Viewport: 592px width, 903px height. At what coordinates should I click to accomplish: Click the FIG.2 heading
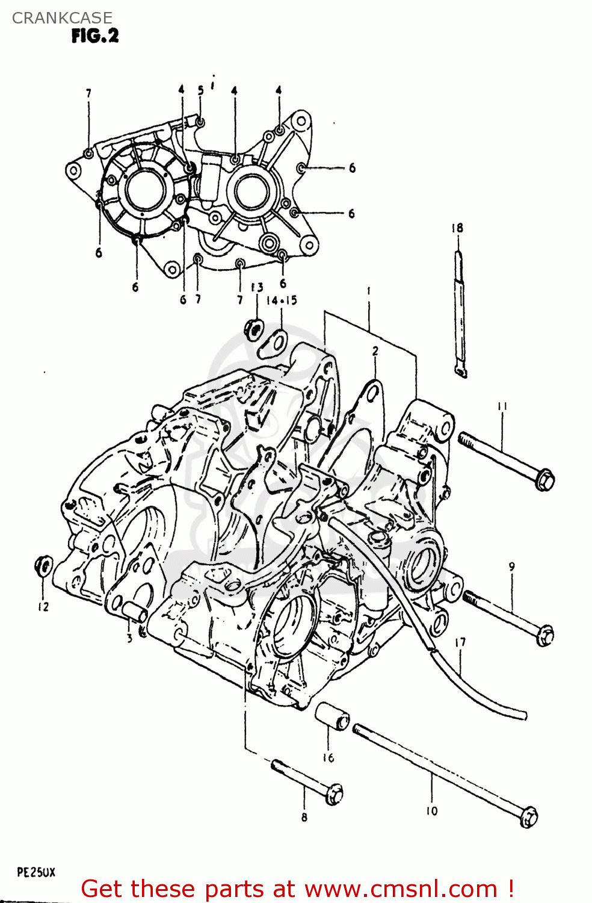coord(95,36)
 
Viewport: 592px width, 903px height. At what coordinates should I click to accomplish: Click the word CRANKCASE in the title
coord(62,18)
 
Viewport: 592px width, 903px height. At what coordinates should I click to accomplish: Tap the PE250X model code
coord(36,872)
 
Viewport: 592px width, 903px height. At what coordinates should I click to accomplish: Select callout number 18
coord(457,228)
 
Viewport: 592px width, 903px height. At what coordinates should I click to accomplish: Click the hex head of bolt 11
coord(544,480)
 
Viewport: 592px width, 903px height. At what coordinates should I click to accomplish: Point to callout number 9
coord(511,566)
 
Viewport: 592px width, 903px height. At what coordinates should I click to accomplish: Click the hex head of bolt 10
coord(528,818)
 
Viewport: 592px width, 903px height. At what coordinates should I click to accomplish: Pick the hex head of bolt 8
coord(334,795)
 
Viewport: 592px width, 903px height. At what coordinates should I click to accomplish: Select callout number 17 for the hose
coord(460,643)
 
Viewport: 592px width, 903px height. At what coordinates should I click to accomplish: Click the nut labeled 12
coord(44,566)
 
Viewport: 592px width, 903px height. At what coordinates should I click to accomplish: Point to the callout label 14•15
coord(282,300)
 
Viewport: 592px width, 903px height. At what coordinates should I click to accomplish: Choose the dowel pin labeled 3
coord(135,612)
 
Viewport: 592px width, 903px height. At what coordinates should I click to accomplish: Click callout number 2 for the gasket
coord(375,351)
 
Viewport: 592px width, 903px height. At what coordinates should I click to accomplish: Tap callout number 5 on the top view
coord(201,90)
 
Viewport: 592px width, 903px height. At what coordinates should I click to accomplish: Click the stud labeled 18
coord(460,313)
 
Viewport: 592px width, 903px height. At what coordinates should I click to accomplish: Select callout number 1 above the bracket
coord(368,291)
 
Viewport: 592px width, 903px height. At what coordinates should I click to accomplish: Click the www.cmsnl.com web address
coord(400,889)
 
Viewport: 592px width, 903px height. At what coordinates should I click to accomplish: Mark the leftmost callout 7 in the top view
coord(88,93)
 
